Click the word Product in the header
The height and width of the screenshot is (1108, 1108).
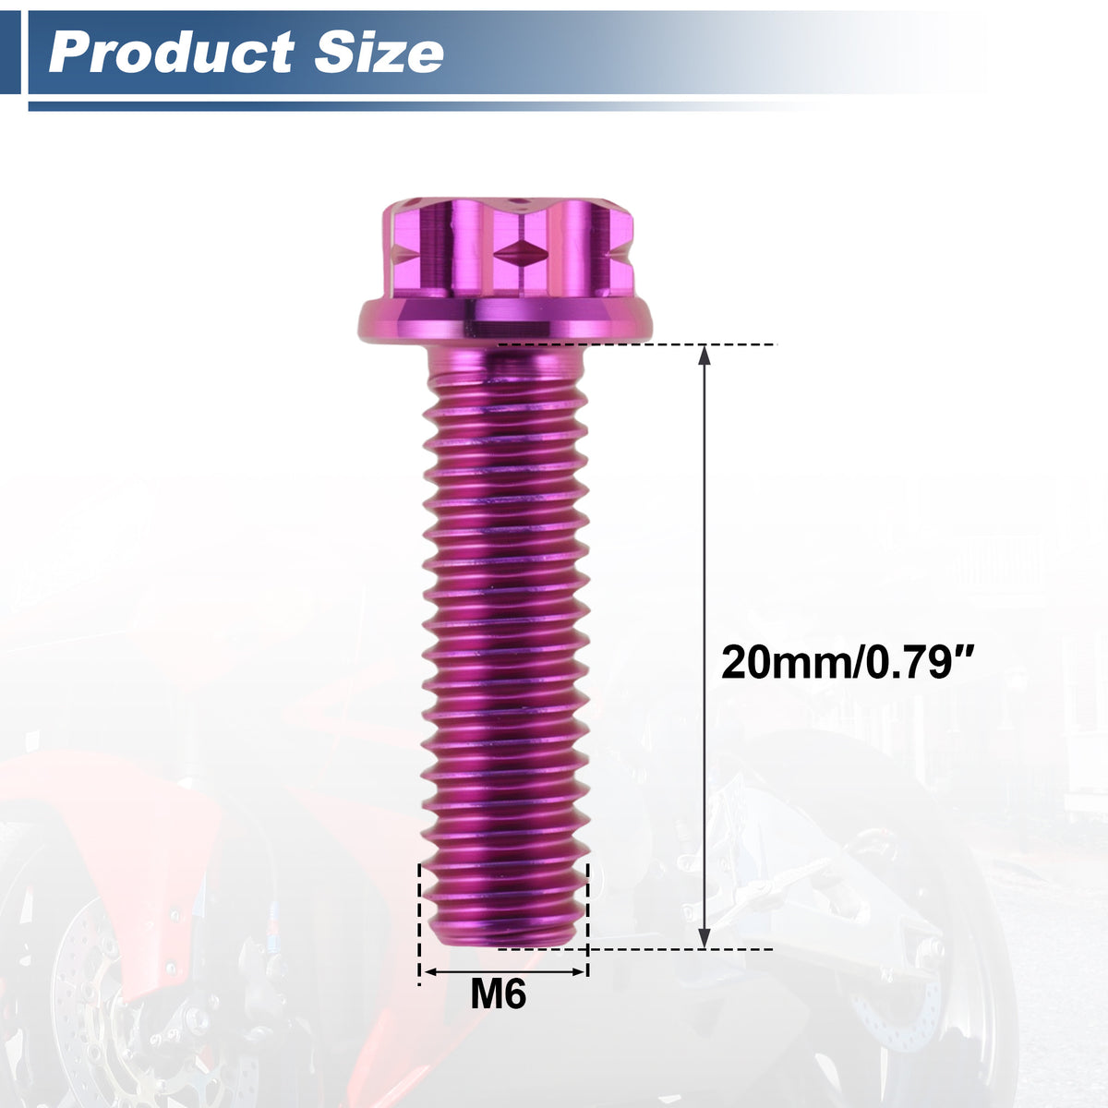pyautogui.click(x=171, y=53)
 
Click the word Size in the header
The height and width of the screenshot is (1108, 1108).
pyautogui.click(x=379, y=53)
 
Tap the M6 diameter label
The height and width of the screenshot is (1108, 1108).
pyautogui.click(x=498, y=994)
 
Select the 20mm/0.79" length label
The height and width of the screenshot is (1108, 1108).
pyautogui.click(x=846, y=664)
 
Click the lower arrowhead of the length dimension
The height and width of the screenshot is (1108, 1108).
pyautogui.click(x=704, y=937)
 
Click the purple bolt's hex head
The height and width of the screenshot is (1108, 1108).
pyautogui.click(x=508, y=248)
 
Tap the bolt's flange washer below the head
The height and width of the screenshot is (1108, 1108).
pyautogui.click(x=505, y=322)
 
